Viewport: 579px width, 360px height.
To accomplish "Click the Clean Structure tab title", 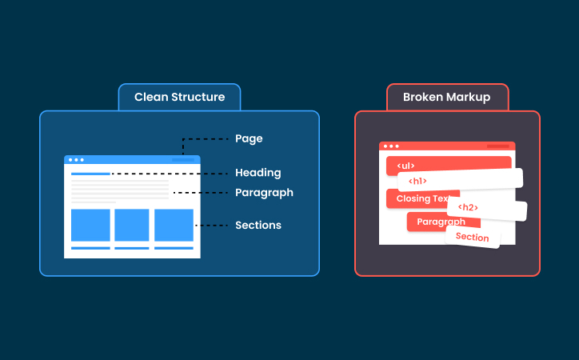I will (179, 97).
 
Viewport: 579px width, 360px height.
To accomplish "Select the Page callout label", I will (249, 138).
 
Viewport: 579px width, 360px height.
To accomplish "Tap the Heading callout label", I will (258, 173).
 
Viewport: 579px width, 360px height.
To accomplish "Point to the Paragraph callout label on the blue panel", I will (264, 193).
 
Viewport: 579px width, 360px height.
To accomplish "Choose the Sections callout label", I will (258, 226).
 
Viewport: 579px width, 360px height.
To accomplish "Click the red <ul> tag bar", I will (448, 165).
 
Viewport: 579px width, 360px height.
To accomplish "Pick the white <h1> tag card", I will (460, 180).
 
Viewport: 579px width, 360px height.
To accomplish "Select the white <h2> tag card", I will (486, 208).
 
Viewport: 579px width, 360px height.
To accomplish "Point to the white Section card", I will (473, 237).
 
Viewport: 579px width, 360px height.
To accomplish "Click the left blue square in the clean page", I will (90, 225).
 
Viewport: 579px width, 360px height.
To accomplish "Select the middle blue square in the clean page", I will (132, 225).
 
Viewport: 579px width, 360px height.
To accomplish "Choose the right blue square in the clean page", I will (174, 225).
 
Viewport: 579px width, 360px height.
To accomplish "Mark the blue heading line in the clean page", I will (90, 173).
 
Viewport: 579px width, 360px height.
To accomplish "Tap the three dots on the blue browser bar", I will (75, 160).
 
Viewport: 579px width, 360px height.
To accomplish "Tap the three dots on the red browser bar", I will (390, 146).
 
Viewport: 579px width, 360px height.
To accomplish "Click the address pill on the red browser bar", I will (497, 146).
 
